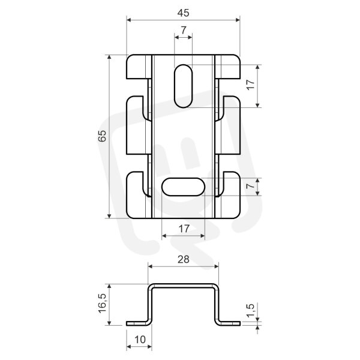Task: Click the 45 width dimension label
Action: [x=183, y=13]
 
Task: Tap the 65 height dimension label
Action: [x=103, y=136]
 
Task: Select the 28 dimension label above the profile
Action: [x=184, y=259]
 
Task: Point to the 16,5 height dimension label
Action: [x=103, y=303]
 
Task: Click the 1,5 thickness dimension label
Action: [x=250, y=310]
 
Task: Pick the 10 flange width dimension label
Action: [x=140, y=340]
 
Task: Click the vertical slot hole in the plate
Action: [x=183, y=86]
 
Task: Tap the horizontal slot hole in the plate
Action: [x=183, y=187]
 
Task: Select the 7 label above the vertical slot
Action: [x=184, y=30]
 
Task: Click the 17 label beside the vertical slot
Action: [x=251, y=85]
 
